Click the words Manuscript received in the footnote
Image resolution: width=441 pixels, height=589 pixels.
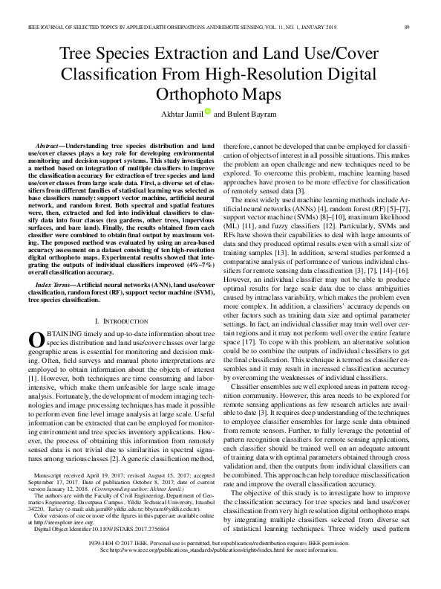[x=64, y=495]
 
